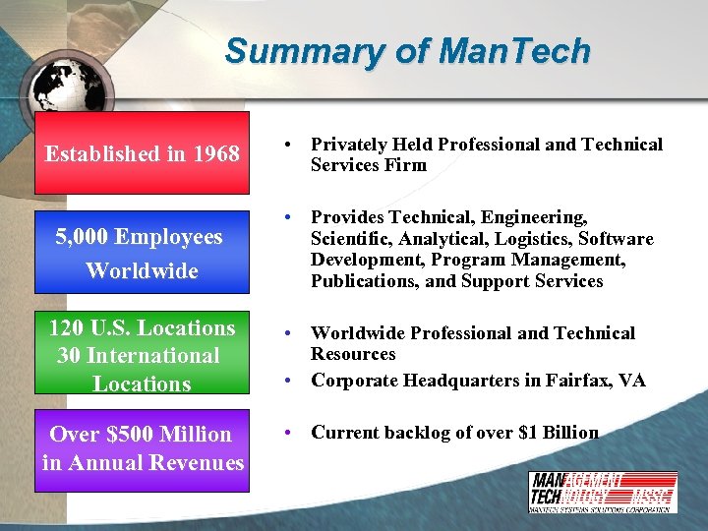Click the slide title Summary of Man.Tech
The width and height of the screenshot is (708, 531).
point(407,50)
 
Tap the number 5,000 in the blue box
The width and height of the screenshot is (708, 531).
point(83,236)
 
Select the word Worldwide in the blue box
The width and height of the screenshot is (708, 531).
point(142,270)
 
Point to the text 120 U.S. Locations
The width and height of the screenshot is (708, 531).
point(142,327)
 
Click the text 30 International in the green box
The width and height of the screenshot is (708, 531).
point(138,355)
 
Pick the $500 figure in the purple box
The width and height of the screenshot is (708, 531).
point(129,434)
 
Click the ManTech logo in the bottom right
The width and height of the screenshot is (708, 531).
point(602,492)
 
